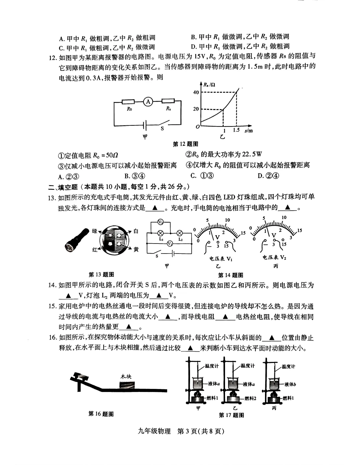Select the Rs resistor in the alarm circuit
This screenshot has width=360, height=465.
click(x=168, y=101)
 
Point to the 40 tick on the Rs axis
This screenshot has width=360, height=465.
click(x=196, y=92)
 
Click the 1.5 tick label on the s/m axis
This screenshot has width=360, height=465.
click(x=236, y=130)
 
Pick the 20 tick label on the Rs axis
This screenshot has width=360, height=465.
click(x=196, y=109)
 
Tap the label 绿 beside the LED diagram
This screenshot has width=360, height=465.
click(x=94, y=231)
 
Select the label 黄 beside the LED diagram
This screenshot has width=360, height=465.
click(x=136, y=249)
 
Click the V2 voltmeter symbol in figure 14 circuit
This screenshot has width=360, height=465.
click(x=160, y=222)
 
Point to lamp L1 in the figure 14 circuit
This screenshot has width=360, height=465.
click(x=160, y=233)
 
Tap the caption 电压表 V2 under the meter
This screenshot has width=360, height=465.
click(x=274, y=258)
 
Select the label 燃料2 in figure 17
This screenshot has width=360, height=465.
click(x=250, y=398)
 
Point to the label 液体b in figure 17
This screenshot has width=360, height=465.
click(x=290, y=384)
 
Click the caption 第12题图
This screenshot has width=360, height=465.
click(x=185, y=144)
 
